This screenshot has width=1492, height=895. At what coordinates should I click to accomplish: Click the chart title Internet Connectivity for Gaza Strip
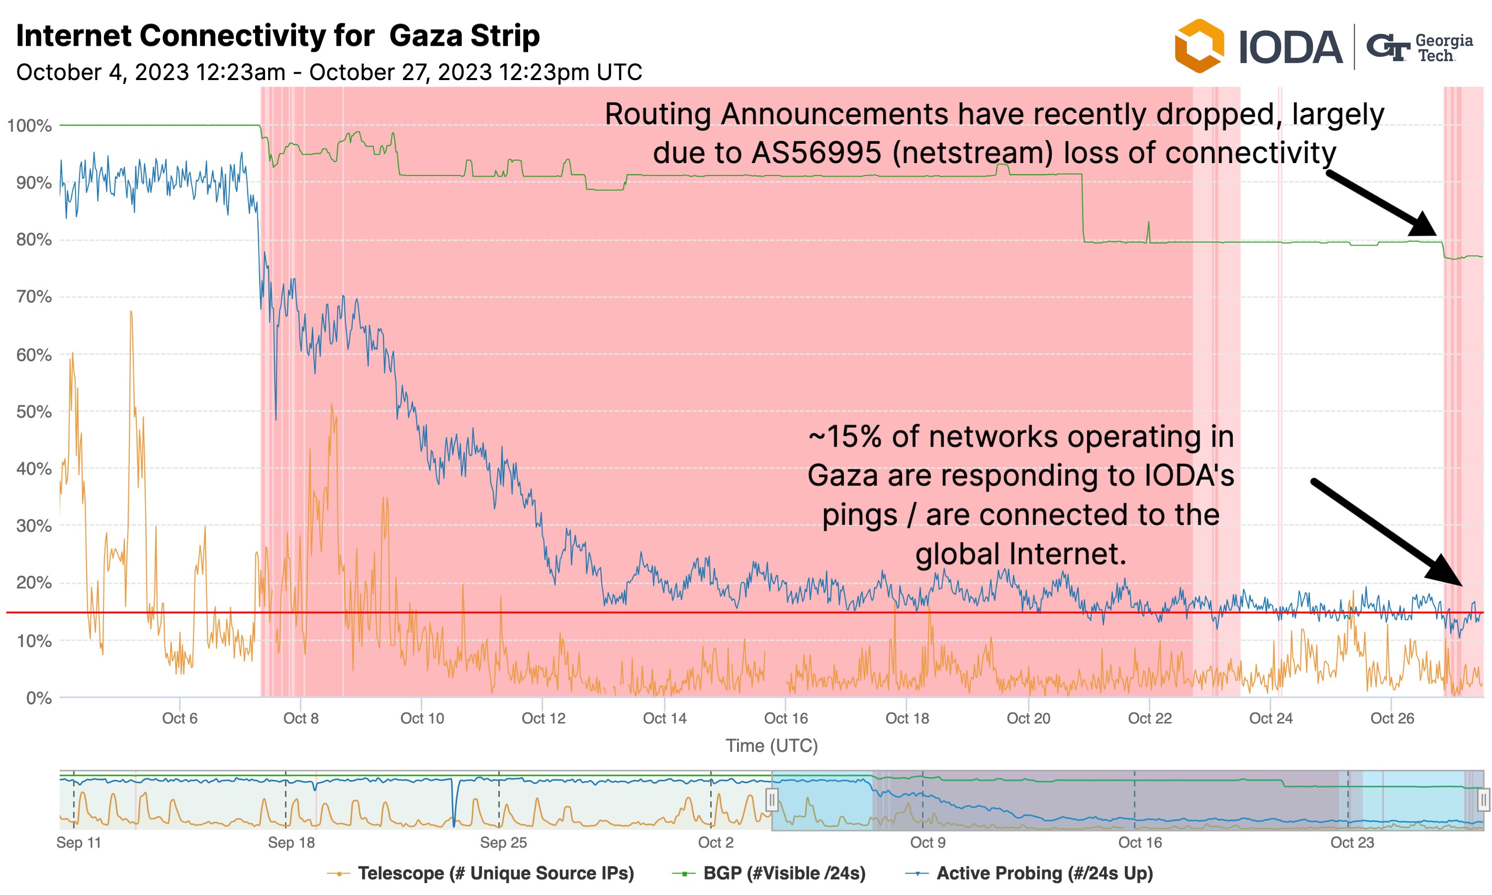pos(278,36)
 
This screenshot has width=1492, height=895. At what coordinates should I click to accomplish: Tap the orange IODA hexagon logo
pos(1199,46)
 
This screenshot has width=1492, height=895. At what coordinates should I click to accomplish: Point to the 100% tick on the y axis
pos(29,126)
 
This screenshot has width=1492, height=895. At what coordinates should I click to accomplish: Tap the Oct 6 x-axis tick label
pos(180,718)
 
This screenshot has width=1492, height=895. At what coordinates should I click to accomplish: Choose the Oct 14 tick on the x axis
pos(664,718)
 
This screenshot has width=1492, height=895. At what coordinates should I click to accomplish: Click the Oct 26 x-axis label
pos(1392,718)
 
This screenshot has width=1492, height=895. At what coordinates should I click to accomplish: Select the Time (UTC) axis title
pos(771,746)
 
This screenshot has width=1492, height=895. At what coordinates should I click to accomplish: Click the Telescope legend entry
pos(480,873)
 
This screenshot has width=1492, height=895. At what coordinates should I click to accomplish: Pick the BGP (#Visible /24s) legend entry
pos(769,873)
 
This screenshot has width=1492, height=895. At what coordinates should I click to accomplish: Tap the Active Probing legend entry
pos(1029,873)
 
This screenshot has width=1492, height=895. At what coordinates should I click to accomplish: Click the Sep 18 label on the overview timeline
pos(291,842)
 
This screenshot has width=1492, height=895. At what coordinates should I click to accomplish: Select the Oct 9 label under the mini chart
pos(928,842)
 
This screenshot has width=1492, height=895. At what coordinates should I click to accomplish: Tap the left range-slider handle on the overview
pos(772,801)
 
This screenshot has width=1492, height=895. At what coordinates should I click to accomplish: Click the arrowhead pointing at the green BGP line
pos(1424,226)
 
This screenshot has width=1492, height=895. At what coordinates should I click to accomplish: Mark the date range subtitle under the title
pos(329,73)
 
